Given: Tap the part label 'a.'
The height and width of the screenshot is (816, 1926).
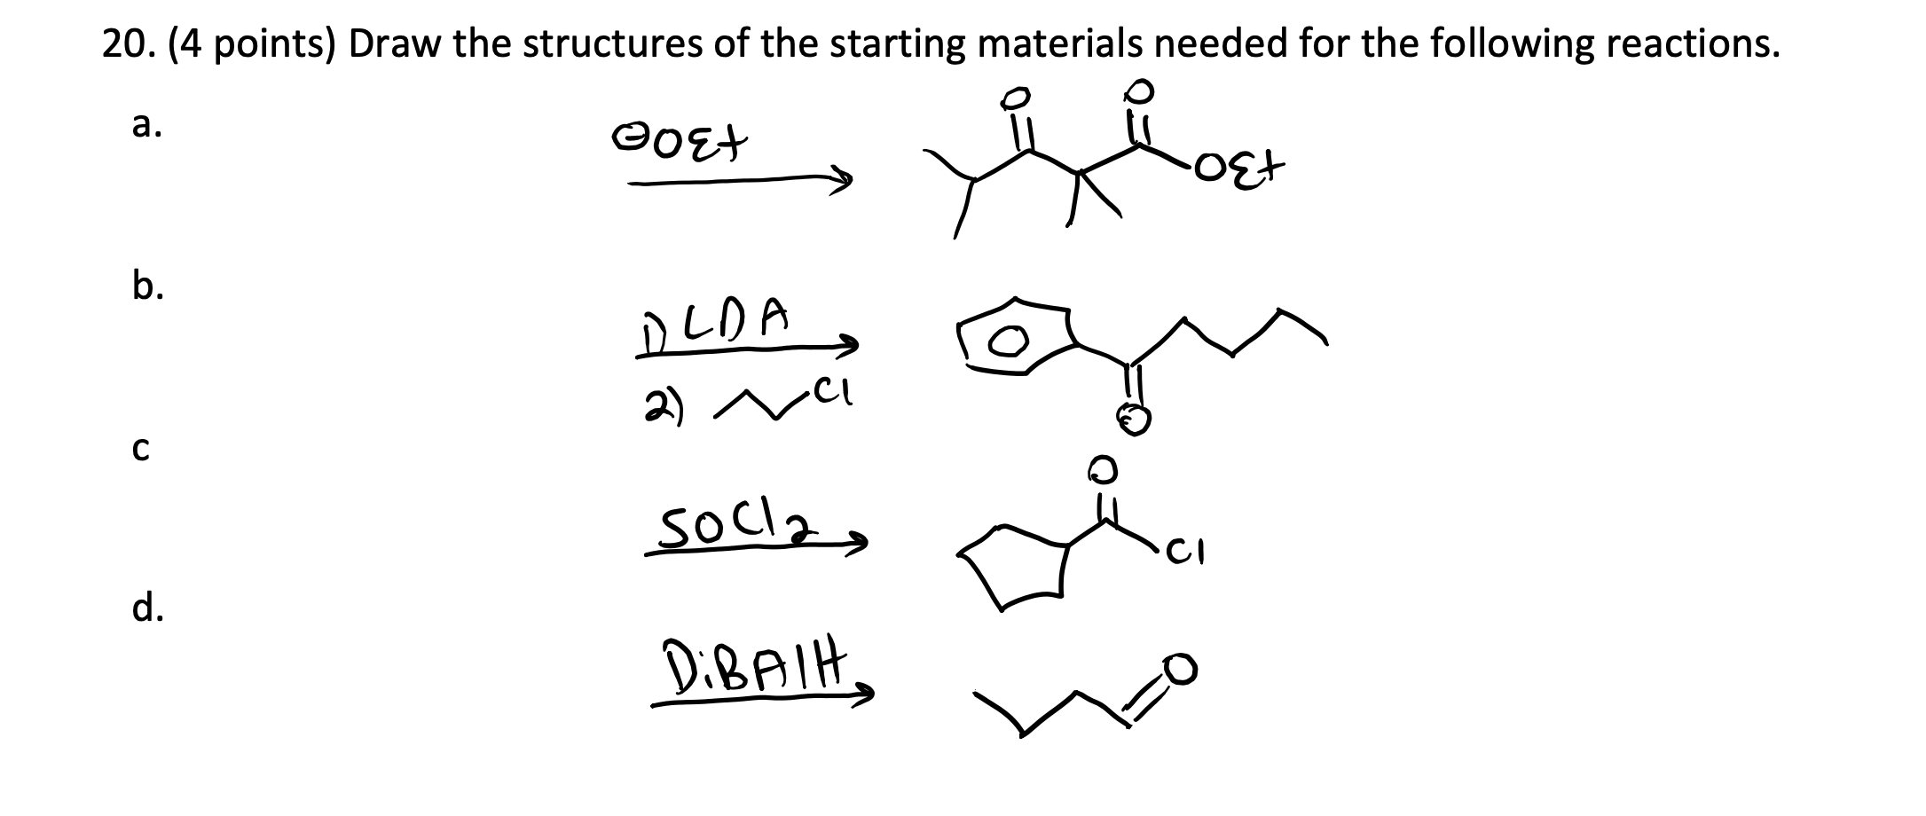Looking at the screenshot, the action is pyautogui.click(x=146, y=126).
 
